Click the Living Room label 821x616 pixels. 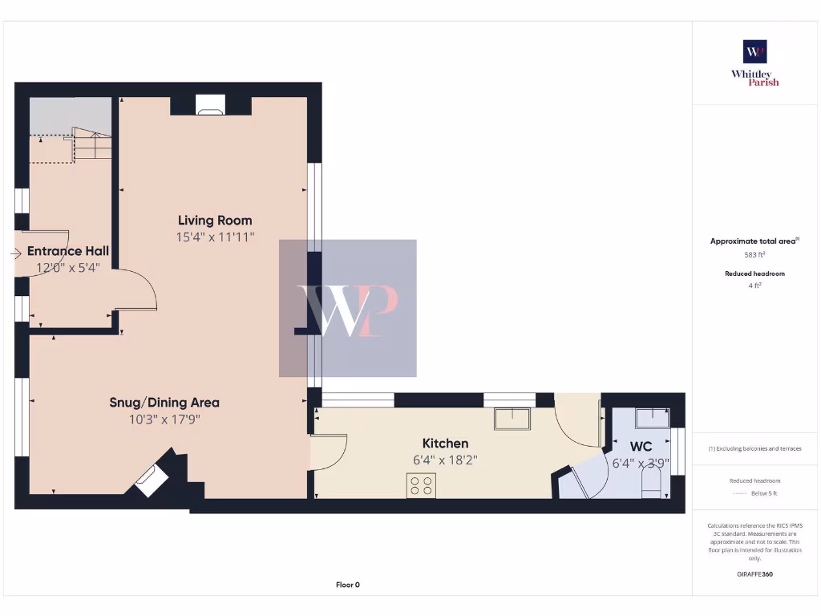215,221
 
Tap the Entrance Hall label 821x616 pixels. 68,251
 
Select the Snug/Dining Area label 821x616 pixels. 164,403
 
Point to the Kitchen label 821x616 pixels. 445,444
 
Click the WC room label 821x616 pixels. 641,446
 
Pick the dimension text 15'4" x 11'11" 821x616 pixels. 215,237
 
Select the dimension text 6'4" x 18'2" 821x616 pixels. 445,460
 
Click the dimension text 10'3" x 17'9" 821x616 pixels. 164,419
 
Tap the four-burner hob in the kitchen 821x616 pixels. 422,485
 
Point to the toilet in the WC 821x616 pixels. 651,484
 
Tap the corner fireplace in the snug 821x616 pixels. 149,480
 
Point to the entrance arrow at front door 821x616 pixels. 16,254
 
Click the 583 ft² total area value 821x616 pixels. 754,255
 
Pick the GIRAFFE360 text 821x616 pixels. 754,574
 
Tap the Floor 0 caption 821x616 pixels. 347,585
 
